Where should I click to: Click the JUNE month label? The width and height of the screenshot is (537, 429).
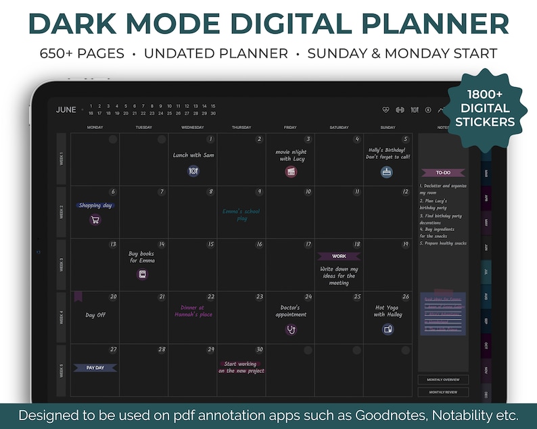66,109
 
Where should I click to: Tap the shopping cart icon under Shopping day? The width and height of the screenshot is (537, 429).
95,219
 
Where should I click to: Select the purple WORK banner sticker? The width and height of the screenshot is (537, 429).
339,256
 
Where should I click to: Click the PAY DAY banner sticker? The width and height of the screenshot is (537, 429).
95,368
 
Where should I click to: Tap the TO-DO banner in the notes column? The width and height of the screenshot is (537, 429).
443,173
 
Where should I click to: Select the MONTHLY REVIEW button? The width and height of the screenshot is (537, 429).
443,392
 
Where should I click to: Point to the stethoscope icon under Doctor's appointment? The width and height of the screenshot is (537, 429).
291,330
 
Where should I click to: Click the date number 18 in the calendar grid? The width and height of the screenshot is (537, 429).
357,245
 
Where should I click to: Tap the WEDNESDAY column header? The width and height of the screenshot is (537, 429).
192,127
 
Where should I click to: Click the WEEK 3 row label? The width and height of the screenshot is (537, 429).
62,264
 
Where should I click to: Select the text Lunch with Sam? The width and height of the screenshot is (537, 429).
193,155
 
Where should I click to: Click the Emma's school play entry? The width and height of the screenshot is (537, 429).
241,215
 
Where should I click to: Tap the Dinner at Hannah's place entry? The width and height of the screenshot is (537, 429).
193,311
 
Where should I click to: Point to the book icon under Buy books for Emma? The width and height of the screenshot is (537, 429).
142,274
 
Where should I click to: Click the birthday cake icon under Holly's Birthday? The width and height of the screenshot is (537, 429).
387,172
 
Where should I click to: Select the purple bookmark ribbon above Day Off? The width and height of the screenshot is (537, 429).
78,297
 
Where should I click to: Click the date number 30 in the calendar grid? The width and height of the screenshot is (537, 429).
260,350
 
